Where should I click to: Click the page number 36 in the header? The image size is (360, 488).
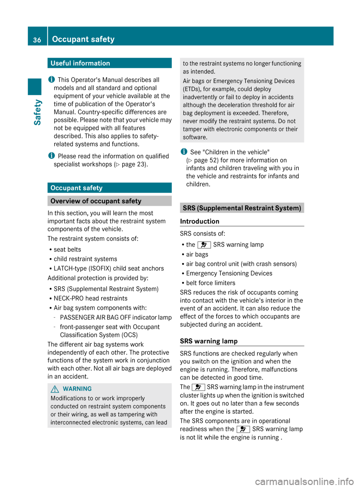(37, 40)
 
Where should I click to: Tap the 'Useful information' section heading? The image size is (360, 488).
(80, 63)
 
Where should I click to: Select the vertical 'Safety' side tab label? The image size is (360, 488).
(37, 112)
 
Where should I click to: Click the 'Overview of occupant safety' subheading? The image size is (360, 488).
(96, 201)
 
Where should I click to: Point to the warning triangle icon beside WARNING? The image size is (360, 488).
(55, 389)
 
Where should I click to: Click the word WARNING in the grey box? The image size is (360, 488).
(77, 389)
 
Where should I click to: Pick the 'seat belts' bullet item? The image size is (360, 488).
(67, 250)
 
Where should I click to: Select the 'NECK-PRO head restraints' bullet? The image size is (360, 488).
(90, 298)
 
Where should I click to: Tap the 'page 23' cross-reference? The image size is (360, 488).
(133, 164)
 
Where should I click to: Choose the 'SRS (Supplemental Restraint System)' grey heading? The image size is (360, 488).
(242, 208)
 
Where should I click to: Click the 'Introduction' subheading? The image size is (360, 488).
(199, 222)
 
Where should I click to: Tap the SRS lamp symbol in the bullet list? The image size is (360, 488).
(204, 245)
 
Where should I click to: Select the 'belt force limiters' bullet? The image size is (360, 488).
(210, 283)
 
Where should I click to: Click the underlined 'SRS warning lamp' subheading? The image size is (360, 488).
(208, 341)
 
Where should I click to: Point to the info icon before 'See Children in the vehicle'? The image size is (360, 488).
(184, 152)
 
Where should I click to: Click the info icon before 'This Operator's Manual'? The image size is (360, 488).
(51, 79)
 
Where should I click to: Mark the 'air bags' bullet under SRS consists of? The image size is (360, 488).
(197, 254)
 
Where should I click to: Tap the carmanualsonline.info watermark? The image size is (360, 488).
(304, 481)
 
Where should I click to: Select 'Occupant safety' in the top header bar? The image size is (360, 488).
(83, 39)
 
